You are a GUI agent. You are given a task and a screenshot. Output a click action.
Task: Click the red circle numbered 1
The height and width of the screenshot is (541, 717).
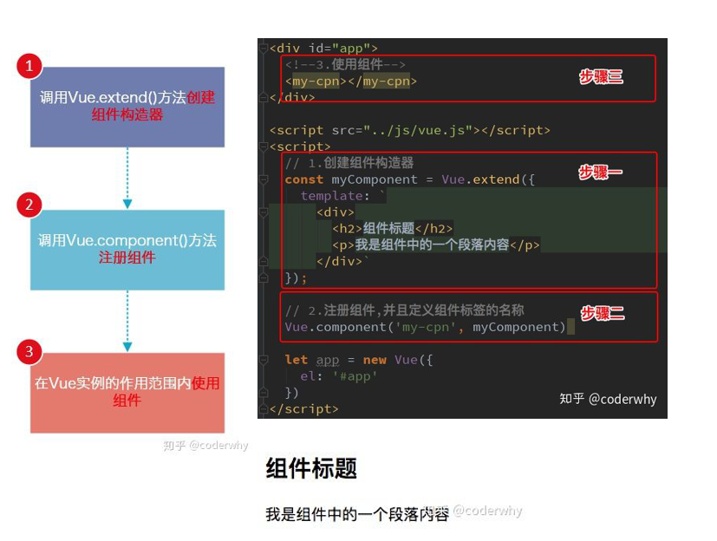click(29, 66)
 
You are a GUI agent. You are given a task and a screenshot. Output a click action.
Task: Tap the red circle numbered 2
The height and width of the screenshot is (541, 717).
click(29, 205)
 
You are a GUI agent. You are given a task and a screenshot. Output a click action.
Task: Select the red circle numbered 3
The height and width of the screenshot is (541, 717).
click(29, 351)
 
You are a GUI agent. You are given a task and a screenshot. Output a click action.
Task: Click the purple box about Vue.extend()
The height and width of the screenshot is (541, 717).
click(127, 107)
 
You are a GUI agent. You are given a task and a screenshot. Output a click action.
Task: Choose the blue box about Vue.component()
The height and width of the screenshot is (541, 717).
click(127, 250)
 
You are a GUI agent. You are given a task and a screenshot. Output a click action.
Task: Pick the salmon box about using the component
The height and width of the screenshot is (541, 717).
click(127, 392)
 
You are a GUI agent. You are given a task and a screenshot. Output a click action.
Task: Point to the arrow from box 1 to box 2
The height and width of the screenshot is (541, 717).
click(127, 178)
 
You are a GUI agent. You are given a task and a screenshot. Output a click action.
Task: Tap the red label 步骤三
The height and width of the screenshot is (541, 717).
click(601, 77)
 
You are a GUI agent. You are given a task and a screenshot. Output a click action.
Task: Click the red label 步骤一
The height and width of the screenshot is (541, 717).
click(601, 173)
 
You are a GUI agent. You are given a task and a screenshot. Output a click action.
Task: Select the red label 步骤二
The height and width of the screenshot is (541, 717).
click(602, 314)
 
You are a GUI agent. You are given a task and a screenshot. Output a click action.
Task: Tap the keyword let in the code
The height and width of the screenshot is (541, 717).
click(296, 360)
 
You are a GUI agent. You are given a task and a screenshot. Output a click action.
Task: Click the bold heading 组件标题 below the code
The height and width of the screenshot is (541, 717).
click(311, 469)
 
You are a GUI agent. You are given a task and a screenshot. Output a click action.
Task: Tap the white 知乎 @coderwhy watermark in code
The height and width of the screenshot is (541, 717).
click(608, 399)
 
